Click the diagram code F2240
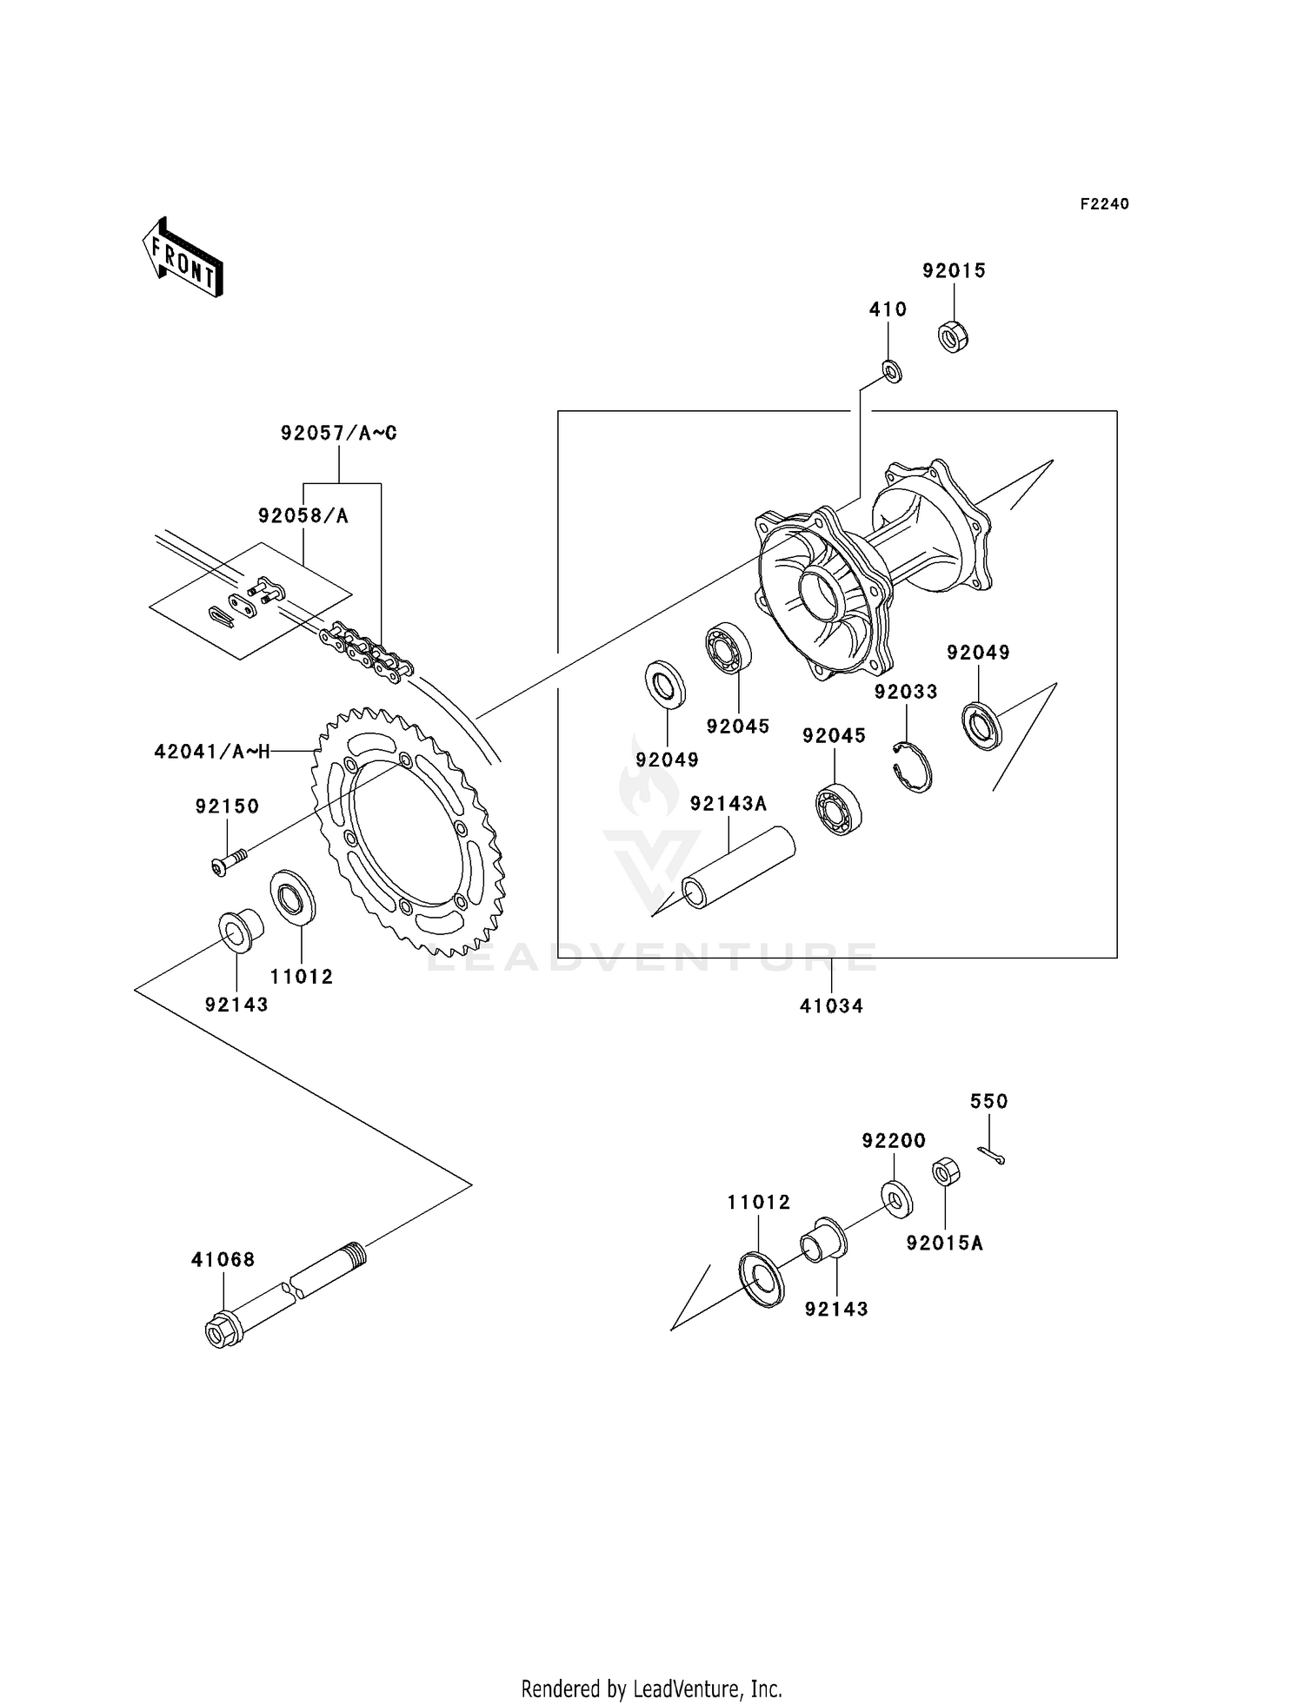point(1104,204)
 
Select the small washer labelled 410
point(892,371)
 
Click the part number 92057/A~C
point(339,433)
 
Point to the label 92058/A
point(303,516)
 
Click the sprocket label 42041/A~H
point(212,752)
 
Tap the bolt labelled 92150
point(229,861)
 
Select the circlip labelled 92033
point(913,767)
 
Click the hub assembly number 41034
point(831,1006)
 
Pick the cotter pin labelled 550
point(991,1154)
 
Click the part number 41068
point(223,1260)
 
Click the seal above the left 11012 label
point(294,897)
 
